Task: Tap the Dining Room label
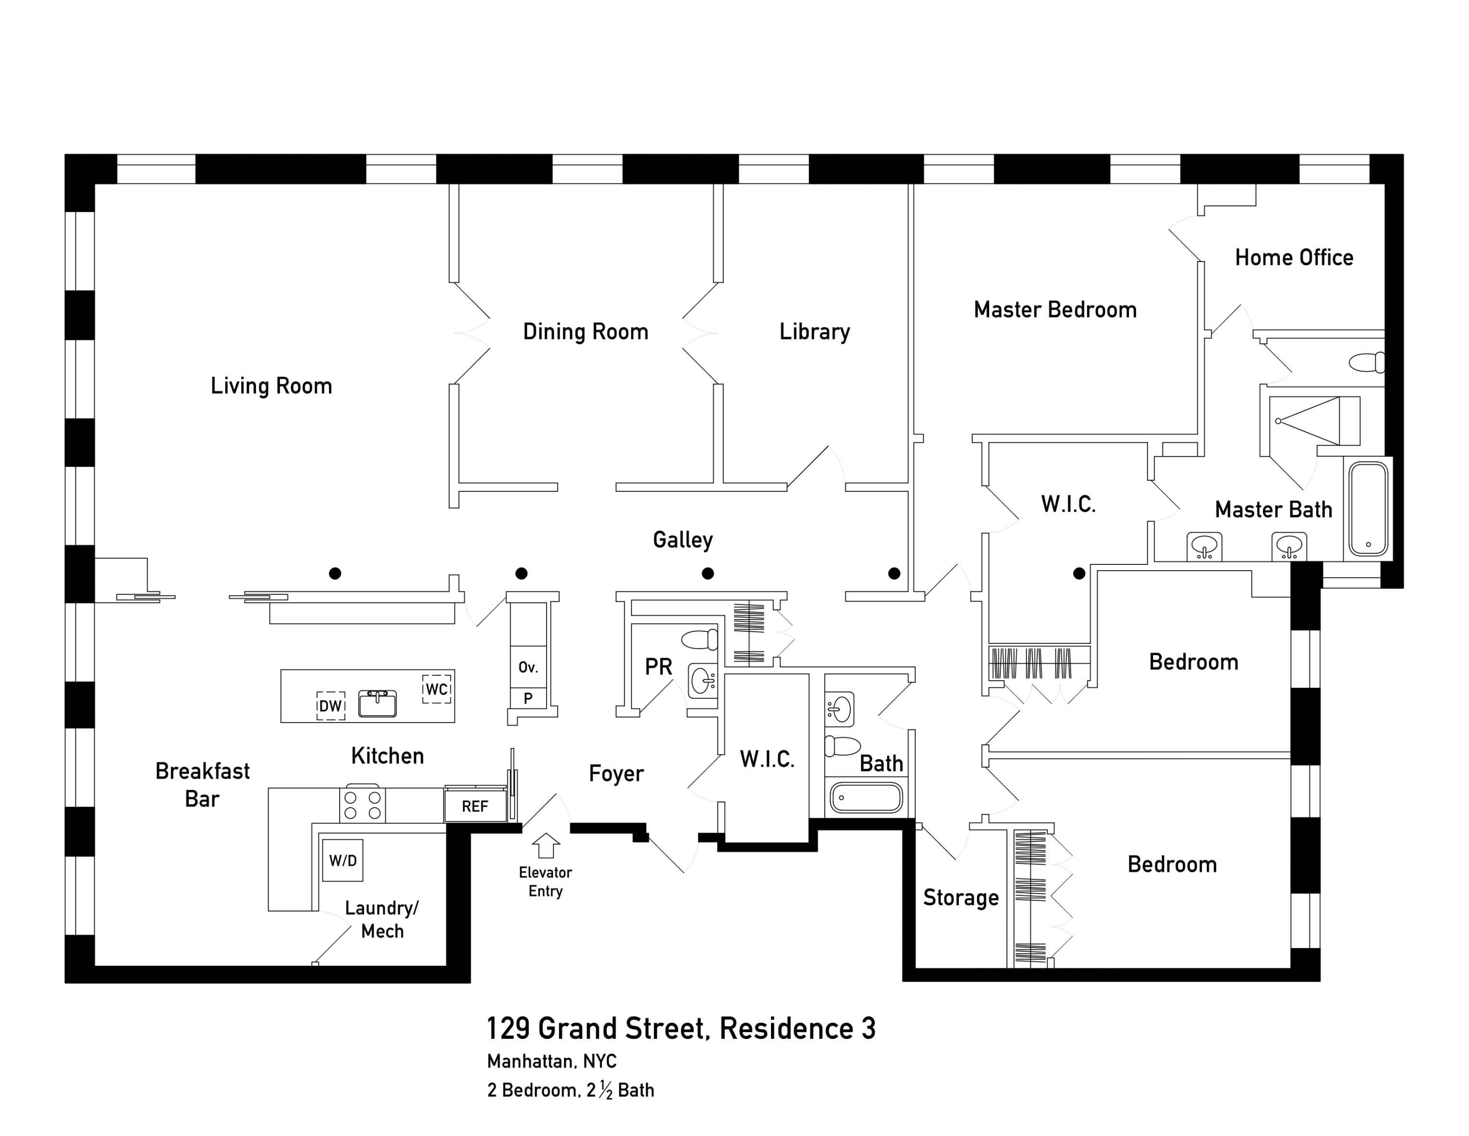[585, 332]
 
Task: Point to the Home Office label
[1294, 258]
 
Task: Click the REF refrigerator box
[475, 806]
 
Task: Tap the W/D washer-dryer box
[343, 860]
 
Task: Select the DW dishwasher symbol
[330, 706]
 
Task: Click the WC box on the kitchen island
[437, 689]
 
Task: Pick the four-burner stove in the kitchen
[363, 805]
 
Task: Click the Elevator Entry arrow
[546, 845]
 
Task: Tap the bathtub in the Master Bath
[1368, 509]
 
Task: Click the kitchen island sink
[378, 703]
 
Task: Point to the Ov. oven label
[528, 668]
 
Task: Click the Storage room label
[960, 898]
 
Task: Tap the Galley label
[683, 540]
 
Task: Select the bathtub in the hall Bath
[866, 798]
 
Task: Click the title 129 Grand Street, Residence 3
[681, 1029]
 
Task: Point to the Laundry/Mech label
[381, 919]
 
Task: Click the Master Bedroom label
[1054, 310]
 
